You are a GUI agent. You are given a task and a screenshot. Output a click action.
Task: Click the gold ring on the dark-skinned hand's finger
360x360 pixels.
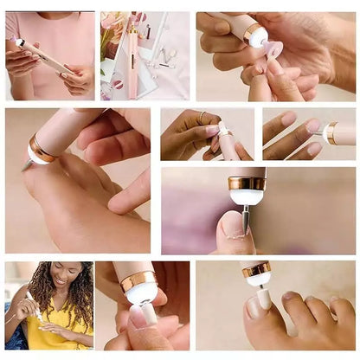(202, 116)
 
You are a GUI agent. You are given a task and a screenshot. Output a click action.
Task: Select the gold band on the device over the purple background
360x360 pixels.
(247, 183)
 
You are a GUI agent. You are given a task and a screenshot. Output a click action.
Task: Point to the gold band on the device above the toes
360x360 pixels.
(255, 270)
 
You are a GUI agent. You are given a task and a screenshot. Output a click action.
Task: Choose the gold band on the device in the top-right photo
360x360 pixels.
(254, 33)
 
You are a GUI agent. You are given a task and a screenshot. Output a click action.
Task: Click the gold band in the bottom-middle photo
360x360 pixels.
(138, 280)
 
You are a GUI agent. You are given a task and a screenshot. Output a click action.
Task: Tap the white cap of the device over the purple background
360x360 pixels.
(248, 196)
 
